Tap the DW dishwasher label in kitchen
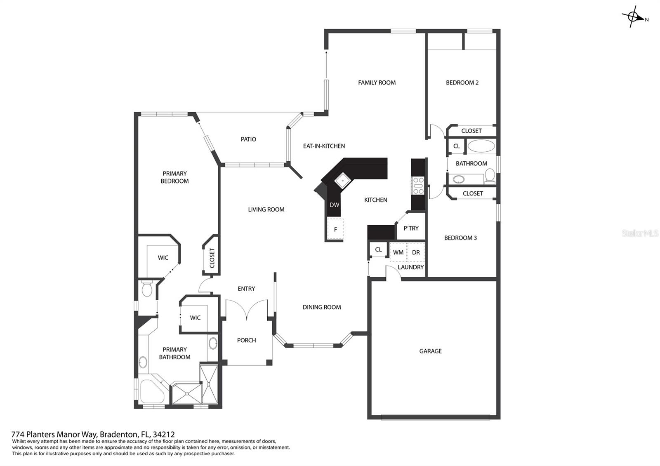point(334,205)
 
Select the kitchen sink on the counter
point(342,180)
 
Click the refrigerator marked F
point(335,229)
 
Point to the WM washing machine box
point(398,252)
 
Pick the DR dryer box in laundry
point(416,252)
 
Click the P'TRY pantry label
point(411,228)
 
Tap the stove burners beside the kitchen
point(418,185)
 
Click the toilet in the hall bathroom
point(490,175)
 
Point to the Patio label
point(248,139)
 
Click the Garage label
point(430,351)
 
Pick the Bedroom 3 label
point(460,238)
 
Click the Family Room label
point(377,82)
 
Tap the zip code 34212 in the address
point(164,434)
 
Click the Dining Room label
point(322,307)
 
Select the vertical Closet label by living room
point(212,258)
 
